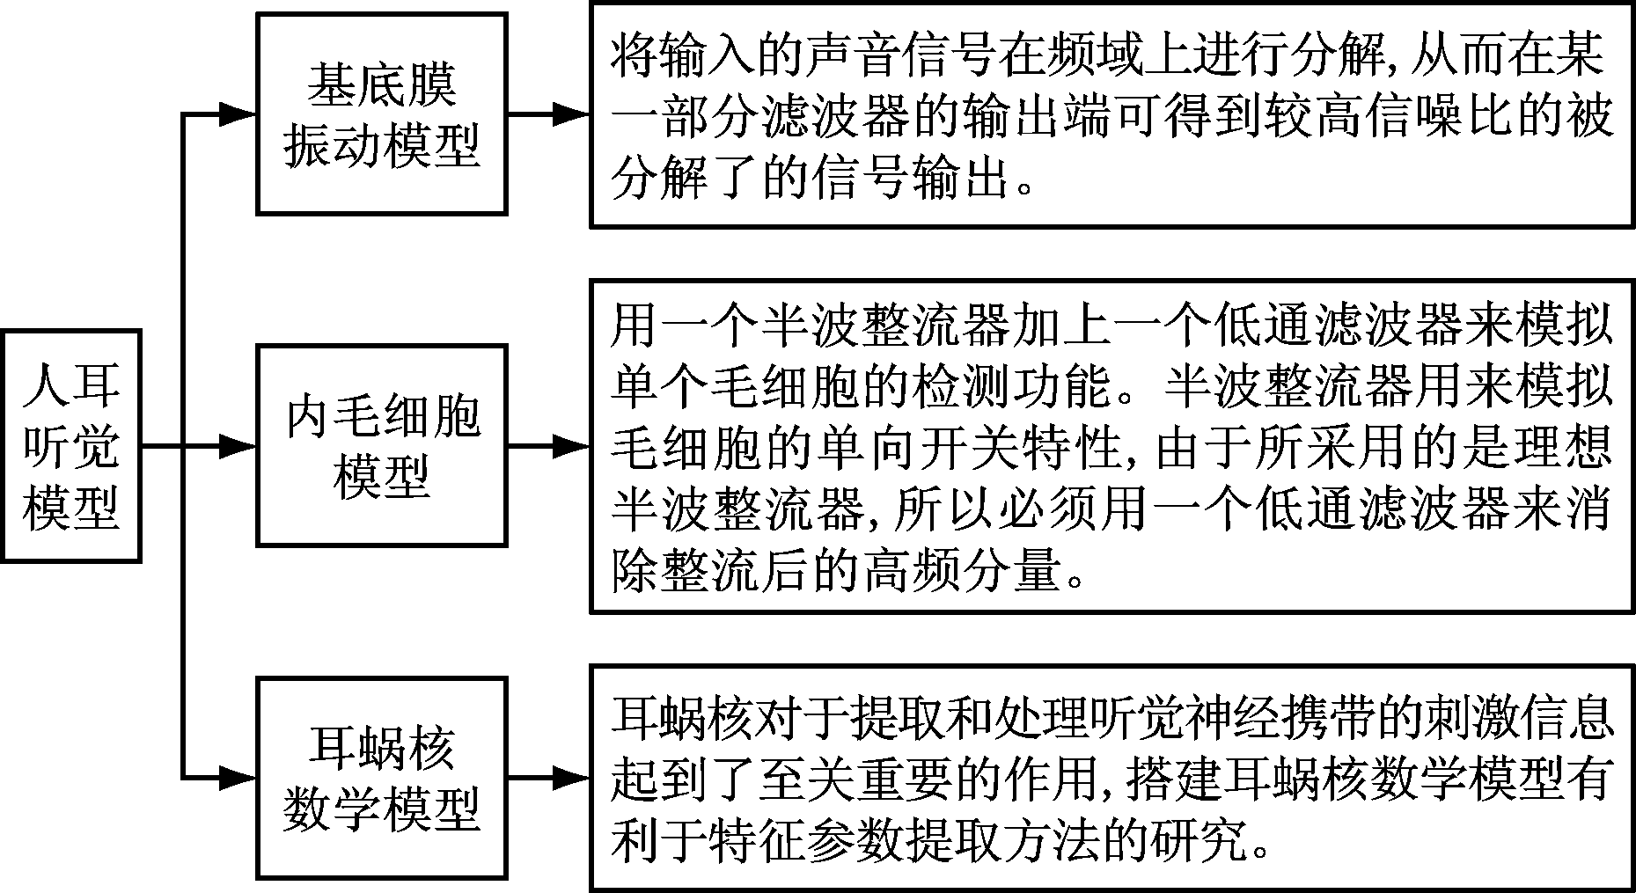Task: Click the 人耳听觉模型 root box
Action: pos(70,446)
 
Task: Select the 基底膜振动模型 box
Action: pos(381,113)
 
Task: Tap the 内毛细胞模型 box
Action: pos(381,446)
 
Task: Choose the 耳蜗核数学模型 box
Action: pos(381,778)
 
